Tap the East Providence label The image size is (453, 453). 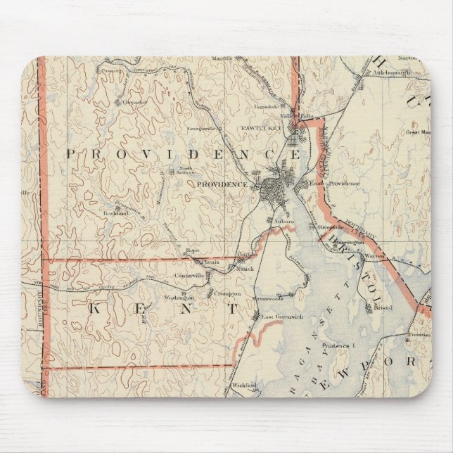335,184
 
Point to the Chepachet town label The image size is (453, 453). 134,101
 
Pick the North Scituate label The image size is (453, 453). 186,170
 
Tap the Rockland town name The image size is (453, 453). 117,212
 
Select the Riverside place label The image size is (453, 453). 330,228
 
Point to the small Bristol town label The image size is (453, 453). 383,308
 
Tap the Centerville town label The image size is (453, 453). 189,275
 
